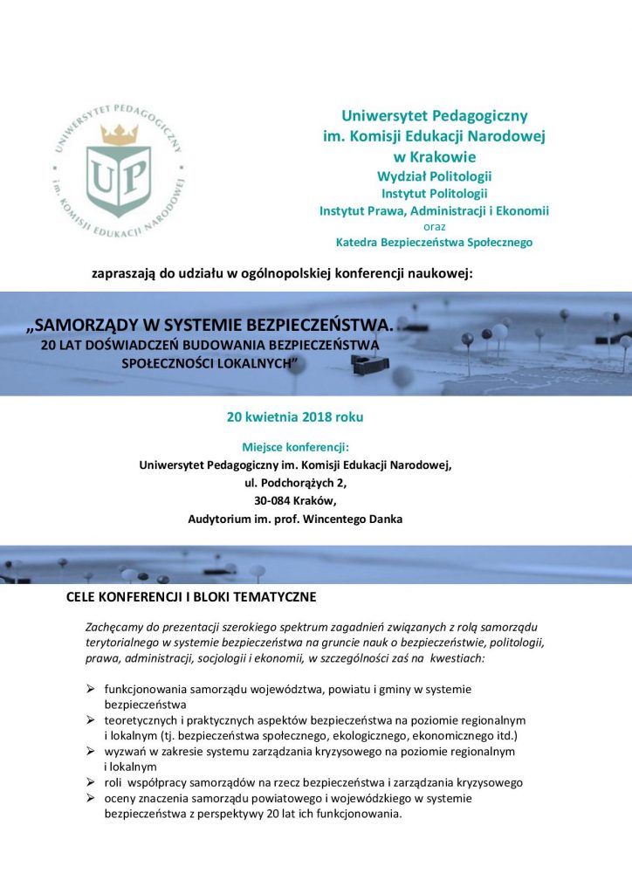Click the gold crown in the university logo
tap(120, 134)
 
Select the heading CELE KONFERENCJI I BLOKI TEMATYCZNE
tap(190, 598)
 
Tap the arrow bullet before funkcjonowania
tap(90, 689)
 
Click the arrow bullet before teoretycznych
tap(90, 719)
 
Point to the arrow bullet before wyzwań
tap(90, 751)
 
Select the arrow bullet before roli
tap(90, 782)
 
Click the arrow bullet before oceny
tap(90, 798)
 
